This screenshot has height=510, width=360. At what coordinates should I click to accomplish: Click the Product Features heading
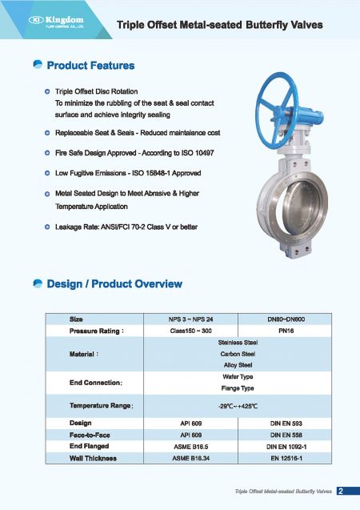coord(90,65)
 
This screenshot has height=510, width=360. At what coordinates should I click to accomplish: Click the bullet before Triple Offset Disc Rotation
coord(48,92)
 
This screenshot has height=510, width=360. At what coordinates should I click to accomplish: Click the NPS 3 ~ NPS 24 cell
coord(190,319)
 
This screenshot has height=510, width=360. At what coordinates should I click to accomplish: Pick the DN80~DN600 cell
coord(285,319)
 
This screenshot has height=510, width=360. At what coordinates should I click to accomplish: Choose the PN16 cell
coord(285,331)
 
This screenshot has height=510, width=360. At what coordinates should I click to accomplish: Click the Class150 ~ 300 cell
coord(190,331)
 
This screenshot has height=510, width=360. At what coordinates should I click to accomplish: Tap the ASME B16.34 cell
coord(190,458)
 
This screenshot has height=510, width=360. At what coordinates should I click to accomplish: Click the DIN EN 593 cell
coord(285,423)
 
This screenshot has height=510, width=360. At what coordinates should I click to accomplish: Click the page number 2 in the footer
coord(341,491)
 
